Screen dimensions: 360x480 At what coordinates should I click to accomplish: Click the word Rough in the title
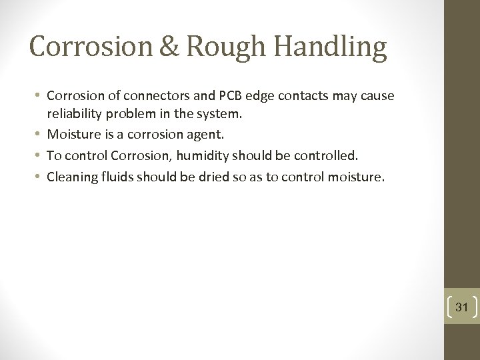tap(219, 47)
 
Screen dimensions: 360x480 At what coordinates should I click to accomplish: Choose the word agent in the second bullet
tap(207, 135)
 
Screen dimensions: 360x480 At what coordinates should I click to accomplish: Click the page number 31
tap(462, 307)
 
